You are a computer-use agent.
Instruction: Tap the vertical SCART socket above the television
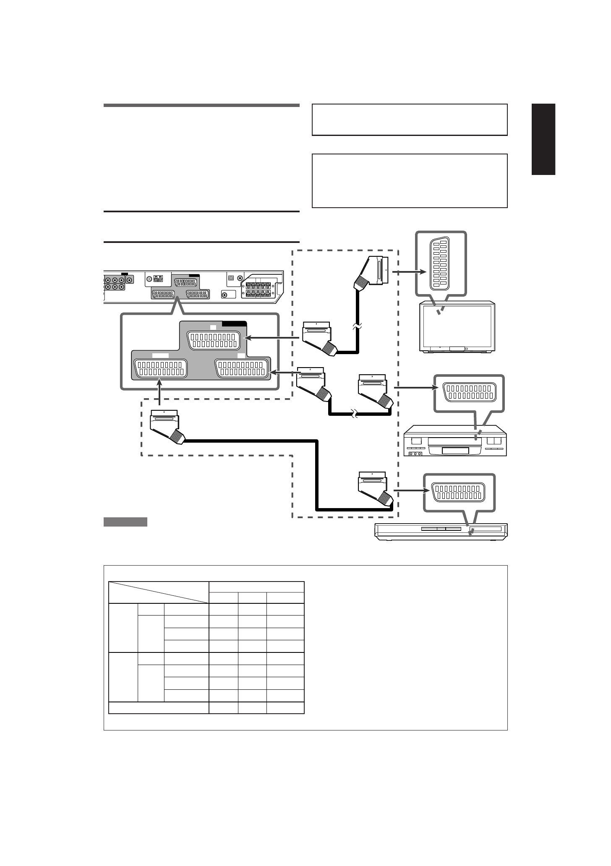point(440,265)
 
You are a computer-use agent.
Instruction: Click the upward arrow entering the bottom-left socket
point(159,391)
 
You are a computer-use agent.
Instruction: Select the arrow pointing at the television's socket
point(410,272)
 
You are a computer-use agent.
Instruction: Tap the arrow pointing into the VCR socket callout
point(413,388)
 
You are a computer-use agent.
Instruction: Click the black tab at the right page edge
point(543,139)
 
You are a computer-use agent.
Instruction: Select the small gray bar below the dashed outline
point(125,522)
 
